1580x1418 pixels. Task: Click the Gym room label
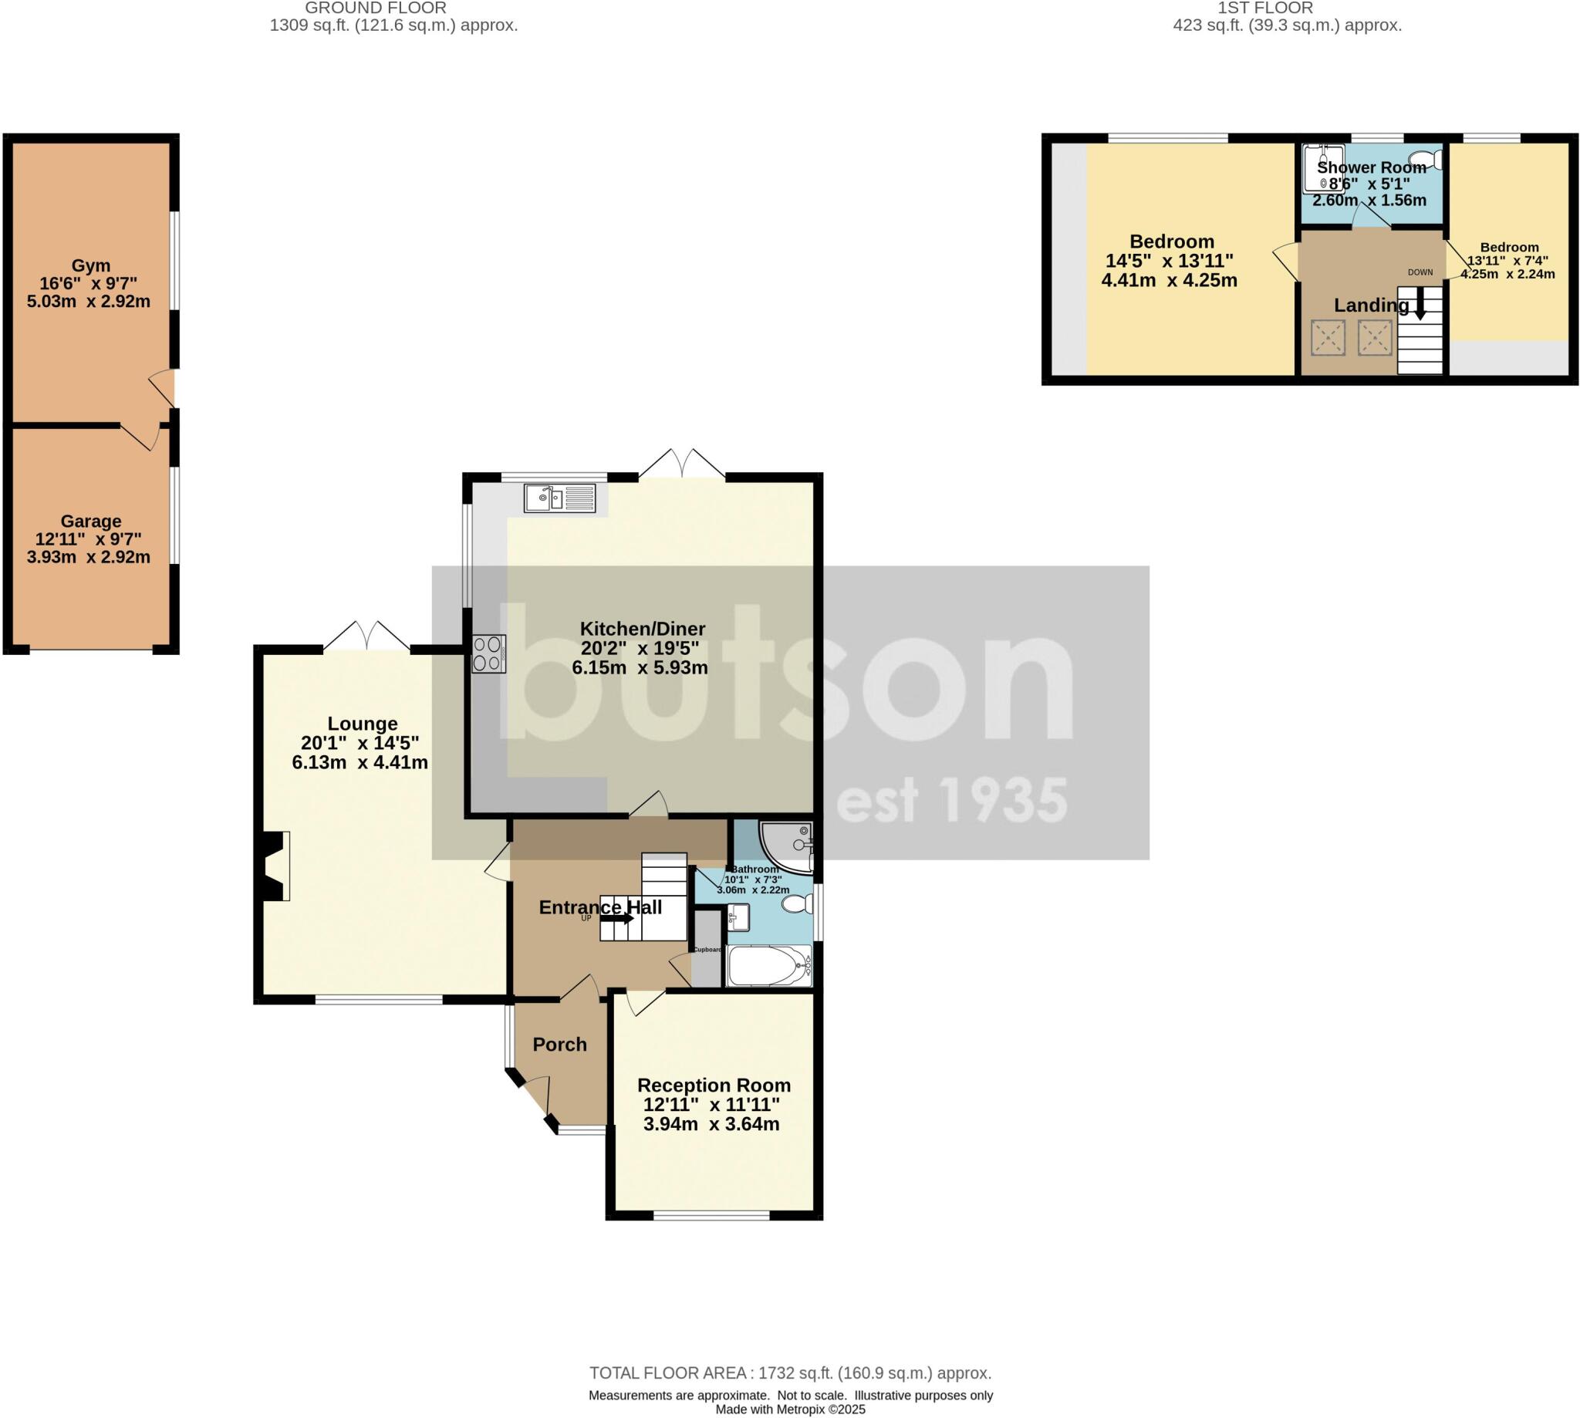90,265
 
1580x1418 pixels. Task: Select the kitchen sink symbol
559,497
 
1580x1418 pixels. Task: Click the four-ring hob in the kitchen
488,654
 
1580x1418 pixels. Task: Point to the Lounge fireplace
274,866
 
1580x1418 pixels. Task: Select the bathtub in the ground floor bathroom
768,967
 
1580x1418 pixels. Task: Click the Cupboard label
707,950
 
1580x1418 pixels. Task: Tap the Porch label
559,1044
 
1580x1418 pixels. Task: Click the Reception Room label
714,1085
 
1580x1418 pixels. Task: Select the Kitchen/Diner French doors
682,464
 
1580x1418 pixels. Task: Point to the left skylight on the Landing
1328,338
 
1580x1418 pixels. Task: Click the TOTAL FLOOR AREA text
789,1372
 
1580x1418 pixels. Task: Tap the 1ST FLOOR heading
1286,8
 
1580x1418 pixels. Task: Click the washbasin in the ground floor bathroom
737,917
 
